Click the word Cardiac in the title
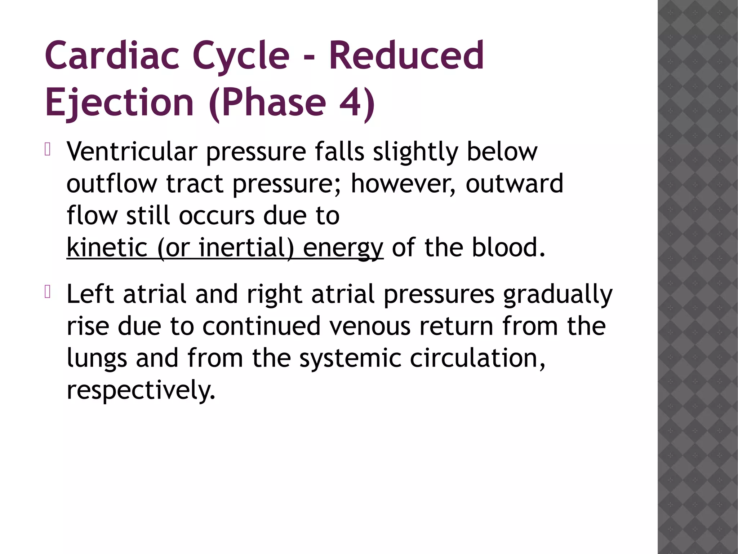pos(112,56)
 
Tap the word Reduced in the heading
pos(406,56)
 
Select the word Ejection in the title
pos(119,103)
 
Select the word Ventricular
pos(132,151)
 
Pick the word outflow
pos(112,183)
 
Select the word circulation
pos(477,358)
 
